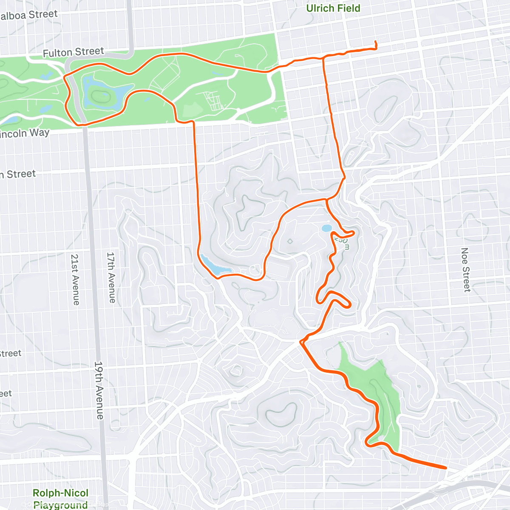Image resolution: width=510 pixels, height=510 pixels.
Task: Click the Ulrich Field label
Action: [x=333, y=8]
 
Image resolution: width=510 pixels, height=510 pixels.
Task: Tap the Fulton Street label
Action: [x=73, y=52]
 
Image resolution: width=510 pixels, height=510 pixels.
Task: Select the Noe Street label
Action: [x=466, y=270]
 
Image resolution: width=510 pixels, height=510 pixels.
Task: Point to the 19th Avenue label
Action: [x=99, y=390]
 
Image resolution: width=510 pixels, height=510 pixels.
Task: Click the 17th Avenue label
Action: [x=111, y=278]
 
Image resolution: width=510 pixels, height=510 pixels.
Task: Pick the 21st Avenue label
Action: [x=75, y=279]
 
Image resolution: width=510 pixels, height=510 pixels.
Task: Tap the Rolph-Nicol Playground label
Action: [x=60, y=499]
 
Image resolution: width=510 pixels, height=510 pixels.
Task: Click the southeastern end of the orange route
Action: [x=445, y=467]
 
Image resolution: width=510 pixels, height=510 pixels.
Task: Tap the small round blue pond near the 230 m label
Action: [x=326, y=228]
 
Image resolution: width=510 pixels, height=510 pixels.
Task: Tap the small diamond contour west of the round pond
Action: [x=290, y=241]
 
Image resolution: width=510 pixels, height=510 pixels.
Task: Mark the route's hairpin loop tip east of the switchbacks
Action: [x=348, y=304]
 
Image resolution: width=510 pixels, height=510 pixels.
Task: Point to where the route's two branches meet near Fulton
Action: [x=323, y=57]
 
